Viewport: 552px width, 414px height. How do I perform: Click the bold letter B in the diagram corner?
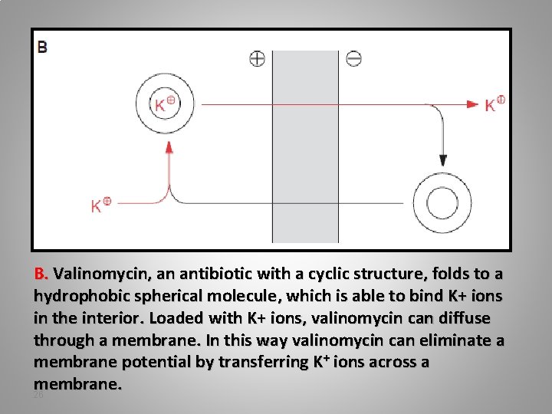point(42,48)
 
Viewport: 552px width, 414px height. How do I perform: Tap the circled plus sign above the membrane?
point(257,58)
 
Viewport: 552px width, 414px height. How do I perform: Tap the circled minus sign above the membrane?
point(354,58)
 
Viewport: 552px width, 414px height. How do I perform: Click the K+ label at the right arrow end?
point(495,103)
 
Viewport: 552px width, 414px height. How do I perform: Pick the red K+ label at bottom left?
point(100,205)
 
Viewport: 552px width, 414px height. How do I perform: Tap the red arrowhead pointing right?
point(474,103)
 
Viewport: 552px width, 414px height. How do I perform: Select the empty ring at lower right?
point(442,203)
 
